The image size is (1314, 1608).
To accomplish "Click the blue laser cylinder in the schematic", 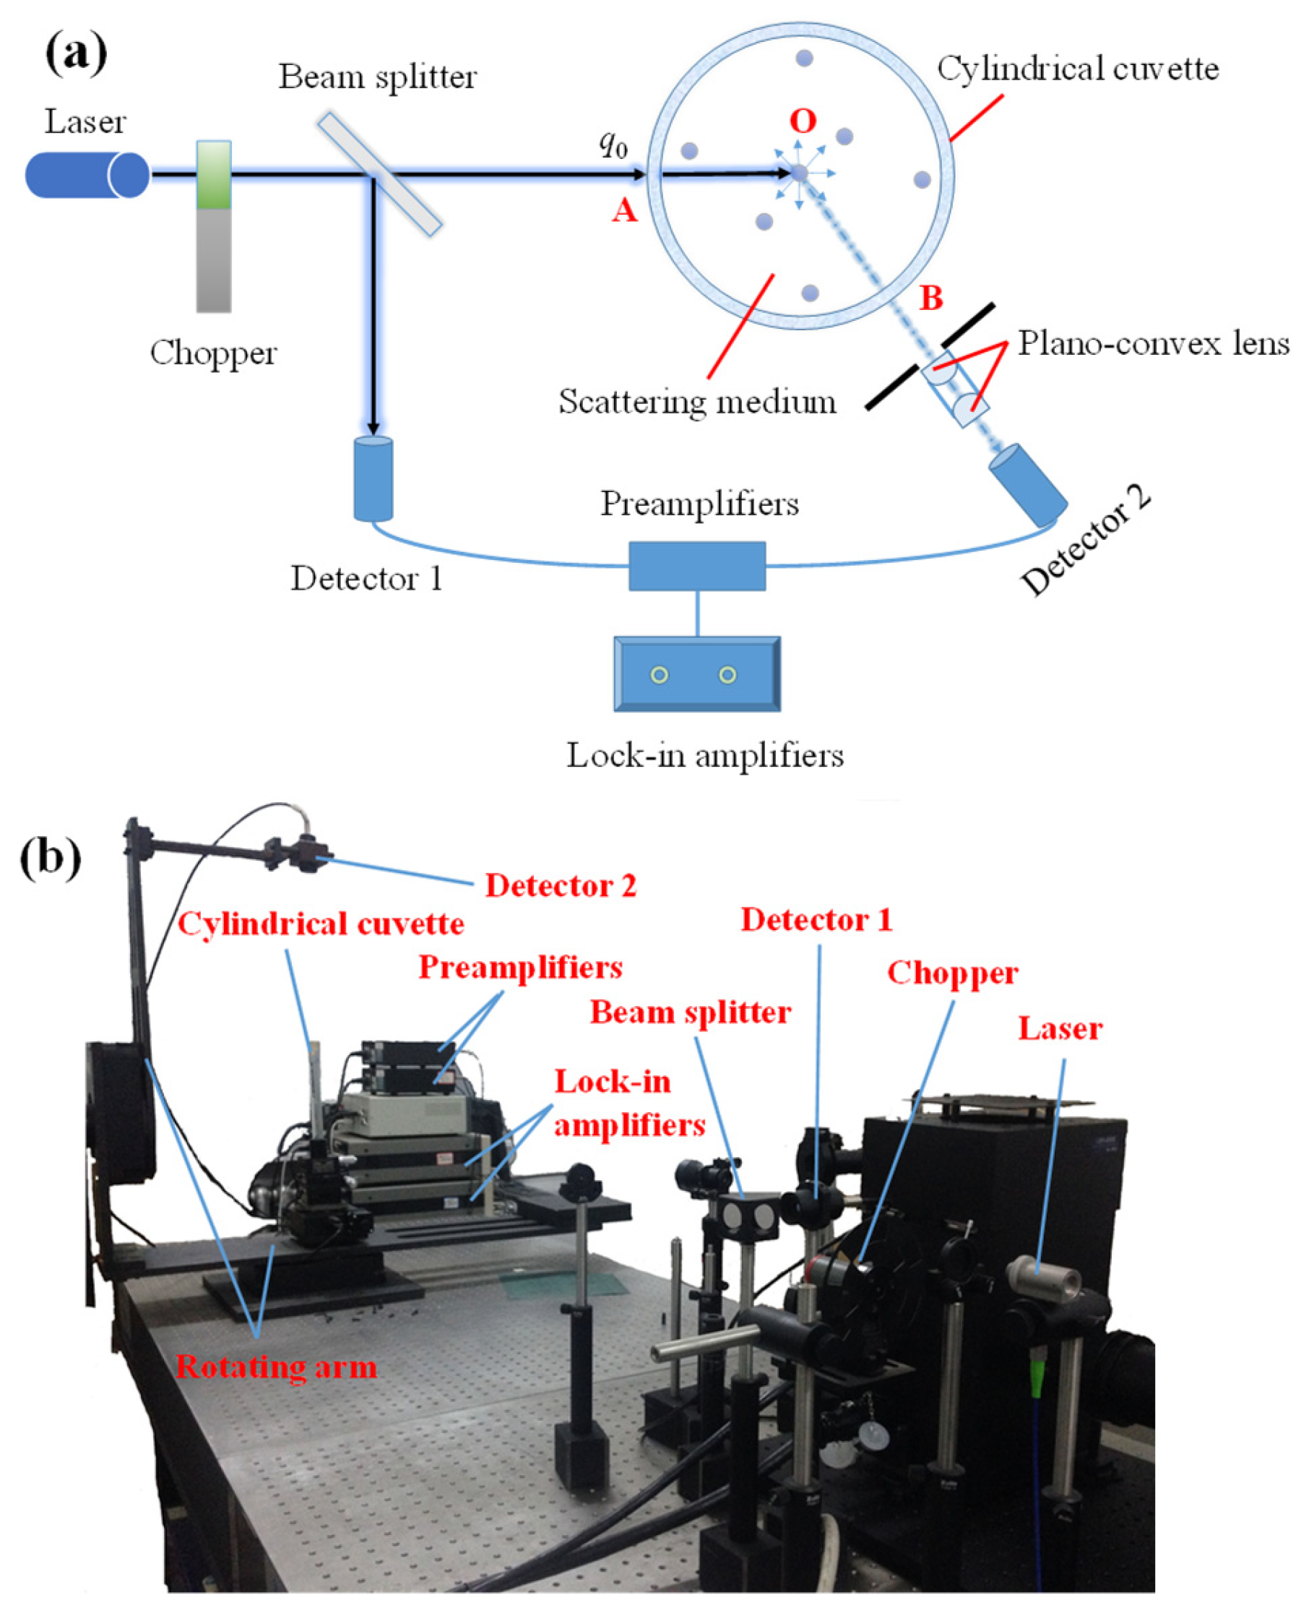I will [85, 175].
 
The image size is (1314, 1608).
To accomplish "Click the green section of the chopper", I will [213, 176].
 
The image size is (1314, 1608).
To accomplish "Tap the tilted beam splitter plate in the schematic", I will [379, 173].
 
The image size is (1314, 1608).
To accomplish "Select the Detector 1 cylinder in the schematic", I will [373, 479].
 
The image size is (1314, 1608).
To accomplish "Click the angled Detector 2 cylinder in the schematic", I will [1028, 484].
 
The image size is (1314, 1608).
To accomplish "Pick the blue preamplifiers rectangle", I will [697, 566].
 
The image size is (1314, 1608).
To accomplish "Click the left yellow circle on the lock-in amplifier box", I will [660, 674].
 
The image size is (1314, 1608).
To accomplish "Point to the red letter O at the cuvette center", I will [803, 121].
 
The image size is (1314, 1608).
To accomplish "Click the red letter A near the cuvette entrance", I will [624, 210].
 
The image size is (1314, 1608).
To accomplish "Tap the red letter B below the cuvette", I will [931, 298].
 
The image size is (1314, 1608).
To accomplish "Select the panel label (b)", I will [50, 859].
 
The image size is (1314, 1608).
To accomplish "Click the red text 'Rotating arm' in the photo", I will [276, 1367].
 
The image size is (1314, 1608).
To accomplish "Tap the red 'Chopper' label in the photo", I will [952, 973].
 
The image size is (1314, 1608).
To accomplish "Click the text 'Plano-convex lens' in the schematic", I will [1153, 344].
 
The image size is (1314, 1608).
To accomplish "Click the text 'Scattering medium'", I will [697, 401].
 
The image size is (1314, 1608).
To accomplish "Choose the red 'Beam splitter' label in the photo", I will [691, 1013].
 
